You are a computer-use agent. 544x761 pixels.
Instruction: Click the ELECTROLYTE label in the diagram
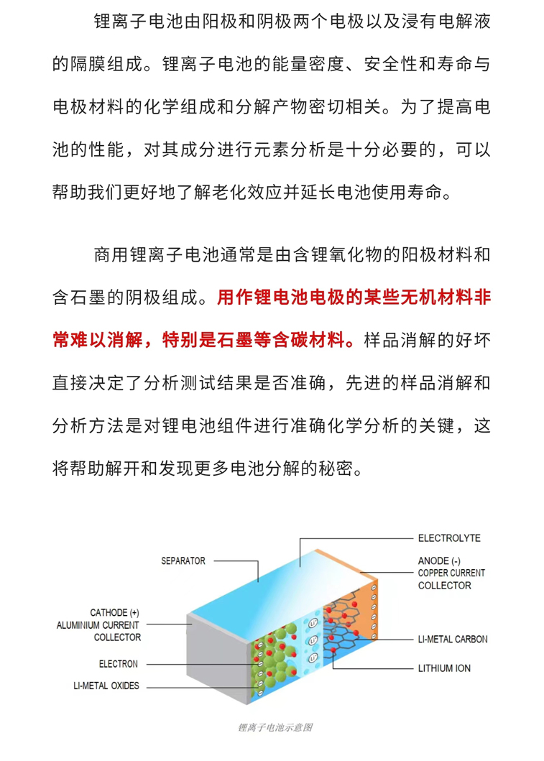click(449, 538)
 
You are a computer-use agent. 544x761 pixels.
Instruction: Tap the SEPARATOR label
click(183, 561)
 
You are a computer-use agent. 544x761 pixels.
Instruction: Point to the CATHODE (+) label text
click(114, 612)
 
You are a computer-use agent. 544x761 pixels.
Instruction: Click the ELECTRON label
click(119, 664)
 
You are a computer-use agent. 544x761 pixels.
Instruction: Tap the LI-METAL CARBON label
click(453, 639)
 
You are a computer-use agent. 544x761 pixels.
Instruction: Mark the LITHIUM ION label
click(444, 668)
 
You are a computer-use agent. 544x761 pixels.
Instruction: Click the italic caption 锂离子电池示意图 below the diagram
click(275, 727)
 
